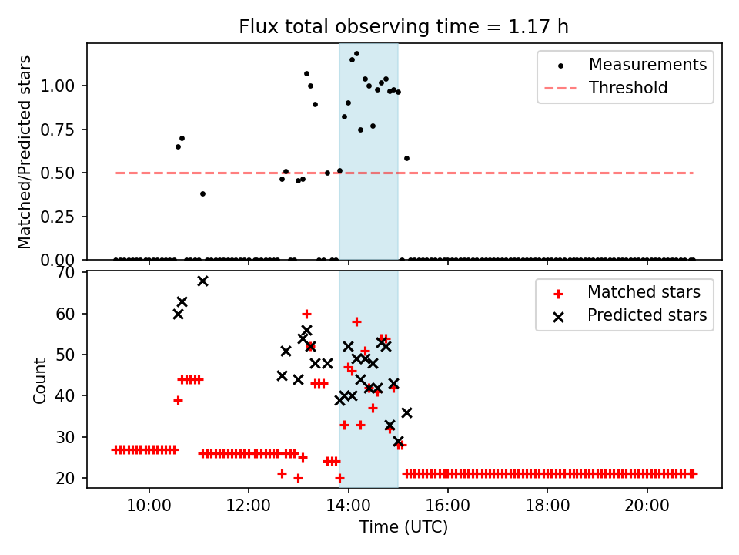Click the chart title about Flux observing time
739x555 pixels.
tap(403, 27)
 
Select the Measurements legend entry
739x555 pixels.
tap(647, 65)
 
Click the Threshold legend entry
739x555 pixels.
tap(628, 88)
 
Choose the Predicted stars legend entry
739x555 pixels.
tap(647, 315)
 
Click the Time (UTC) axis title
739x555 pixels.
tap(403, 527)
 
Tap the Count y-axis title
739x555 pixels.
tap(39, 380)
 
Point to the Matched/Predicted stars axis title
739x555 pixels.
tap(25, 152)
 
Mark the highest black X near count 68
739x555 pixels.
tap(202, 281)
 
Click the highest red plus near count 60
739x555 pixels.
tap(306, 314)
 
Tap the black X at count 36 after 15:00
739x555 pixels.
tap(406, 412)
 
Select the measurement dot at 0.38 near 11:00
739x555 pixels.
tap(202, 193)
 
